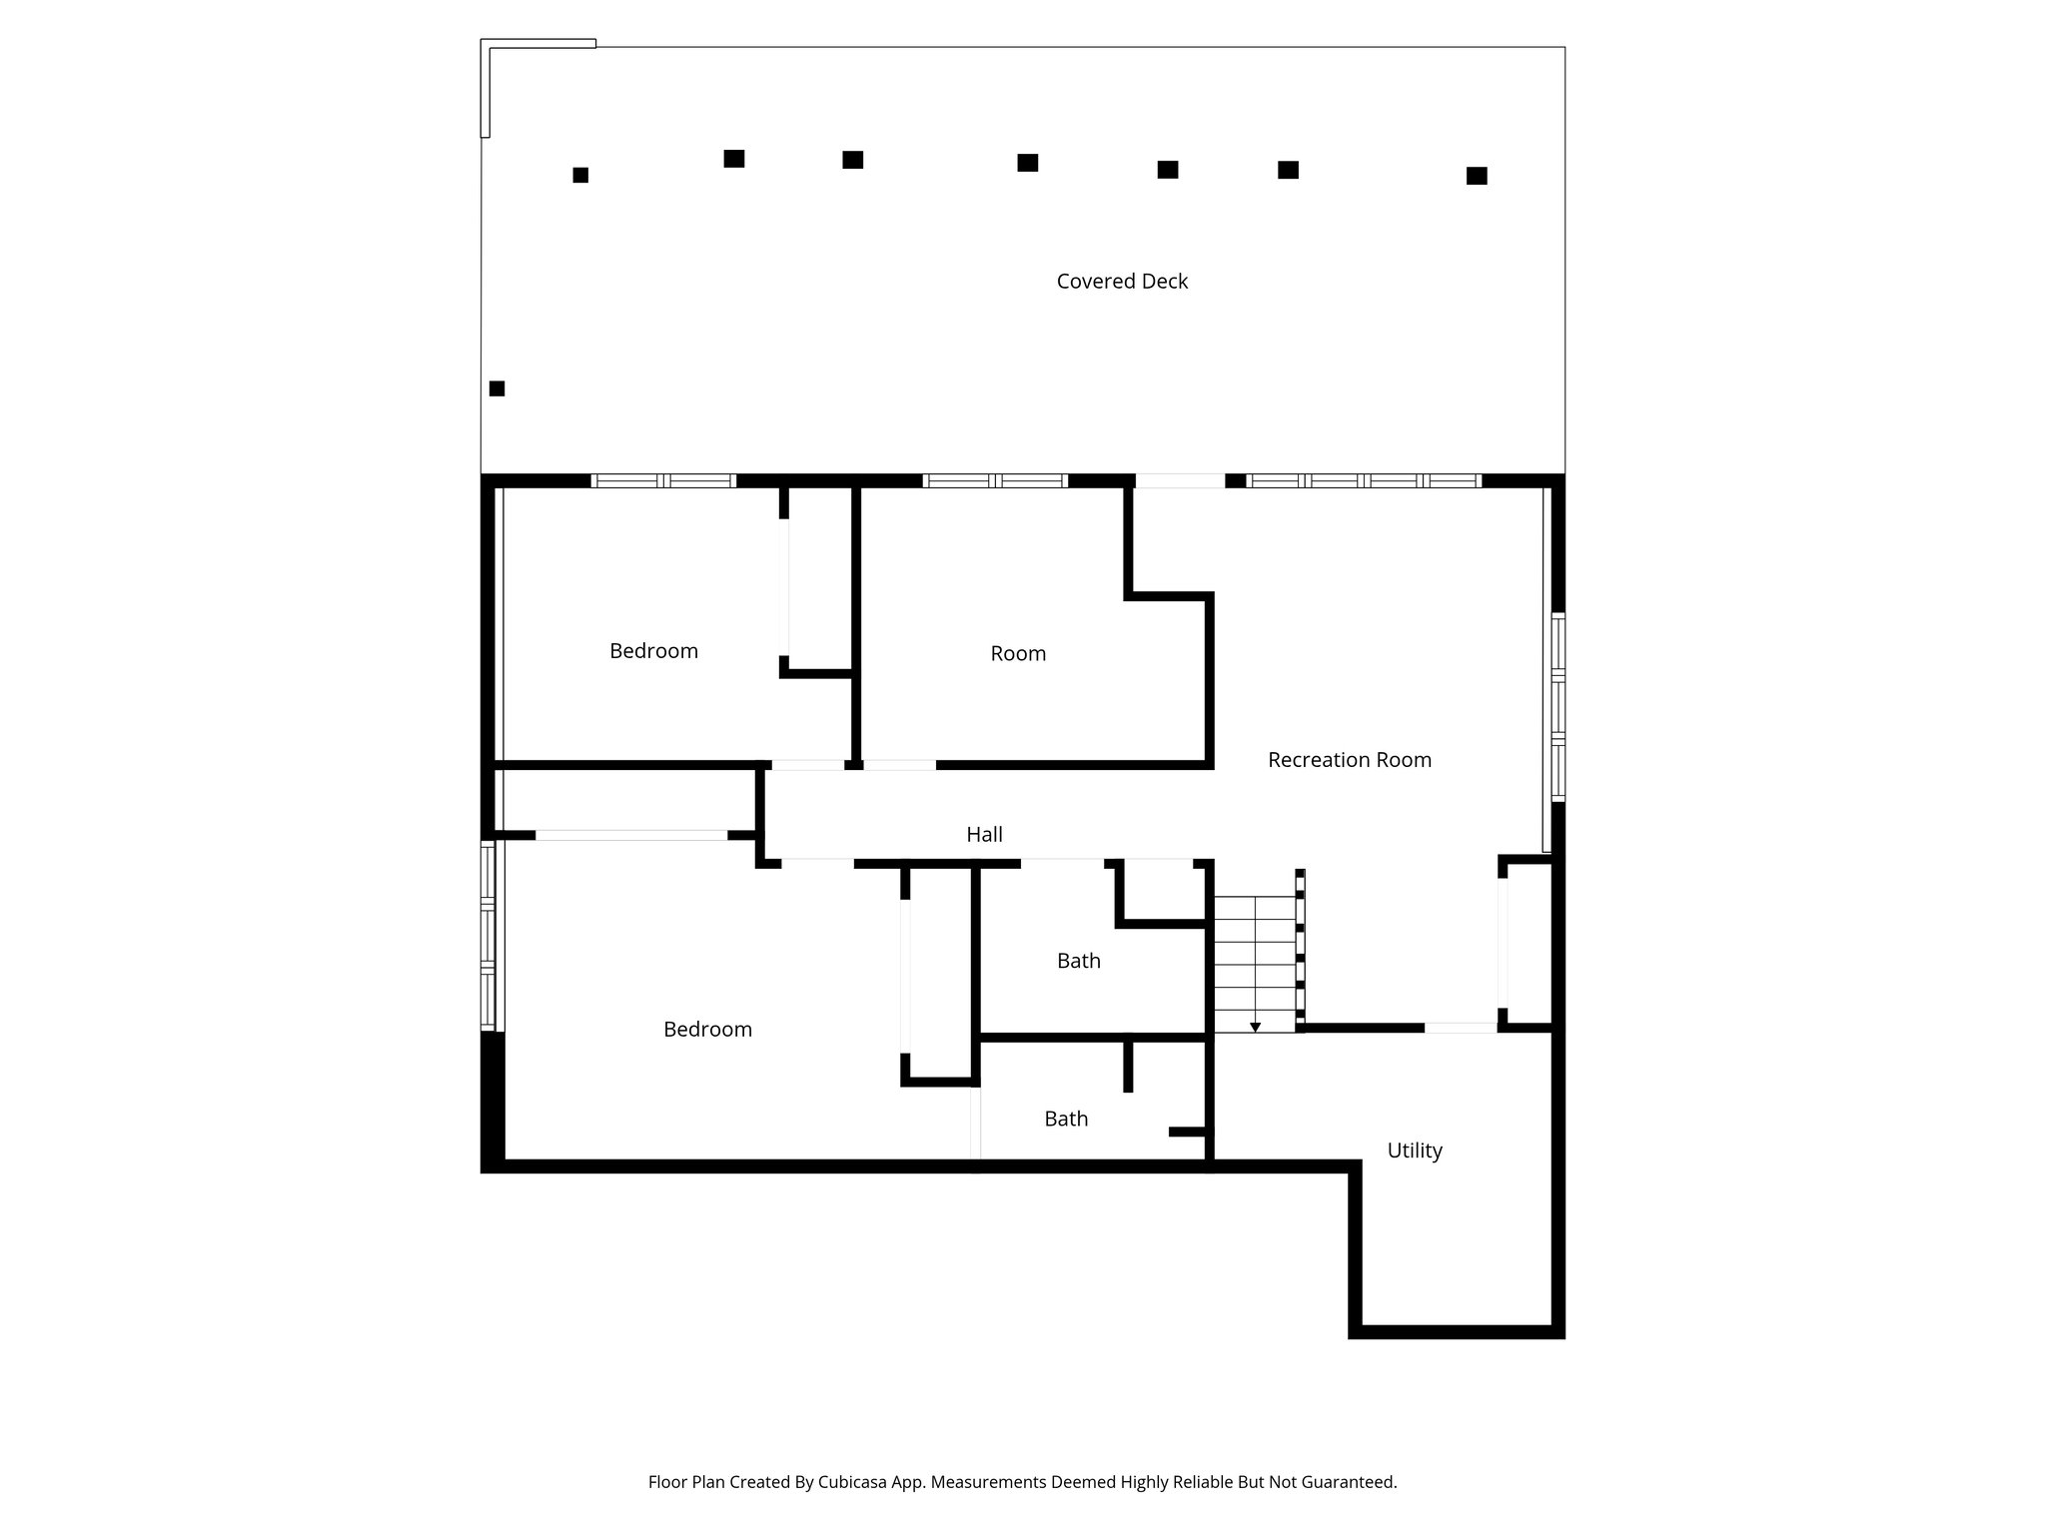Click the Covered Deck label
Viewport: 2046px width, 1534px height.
[1122, 282]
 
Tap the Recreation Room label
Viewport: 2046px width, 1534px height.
[1349, 760]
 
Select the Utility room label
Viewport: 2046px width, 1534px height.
[1414, 1150]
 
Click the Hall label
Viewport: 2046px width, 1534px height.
[984, 835]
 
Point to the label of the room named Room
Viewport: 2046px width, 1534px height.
[1018, 654]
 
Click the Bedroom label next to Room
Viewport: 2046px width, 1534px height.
[653, 651]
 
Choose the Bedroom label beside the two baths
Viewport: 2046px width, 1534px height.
[707, 1030]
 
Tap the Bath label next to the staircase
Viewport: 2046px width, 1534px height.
[1078, 961]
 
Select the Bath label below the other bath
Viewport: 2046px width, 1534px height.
[1066, 1120]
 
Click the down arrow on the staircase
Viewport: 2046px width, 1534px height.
[1255, 1027]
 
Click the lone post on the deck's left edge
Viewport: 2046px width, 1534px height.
[497, 388]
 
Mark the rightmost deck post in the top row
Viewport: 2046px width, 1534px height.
[1477, 176]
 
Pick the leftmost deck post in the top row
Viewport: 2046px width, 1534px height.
[580, 175]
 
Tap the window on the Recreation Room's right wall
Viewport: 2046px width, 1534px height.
[1557, 706]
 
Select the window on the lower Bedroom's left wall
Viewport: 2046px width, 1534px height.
[488, 936]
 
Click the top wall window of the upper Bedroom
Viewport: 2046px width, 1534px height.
[663, 480]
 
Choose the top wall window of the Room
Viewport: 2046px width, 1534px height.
[995, 480]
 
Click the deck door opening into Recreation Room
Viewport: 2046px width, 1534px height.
[1180, 480]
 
